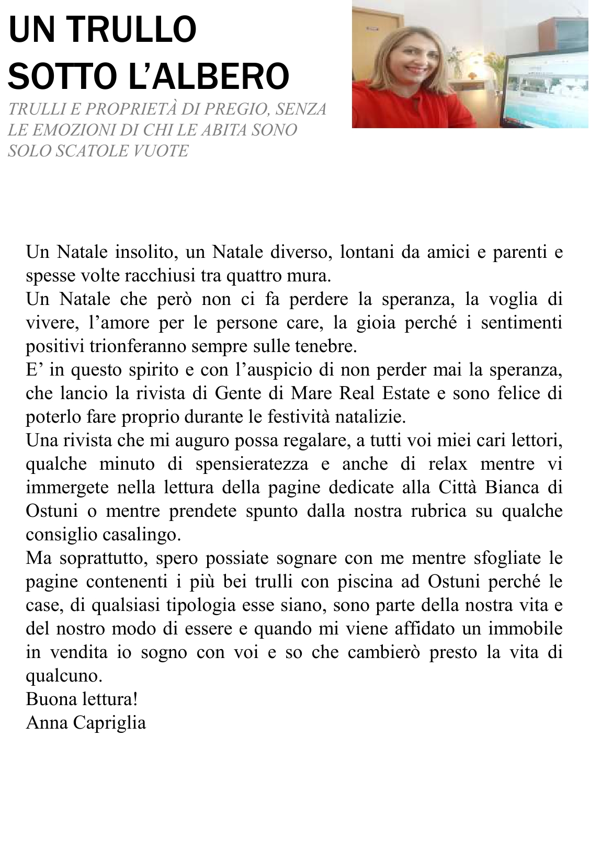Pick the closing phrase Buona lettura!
pos(82,699)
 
